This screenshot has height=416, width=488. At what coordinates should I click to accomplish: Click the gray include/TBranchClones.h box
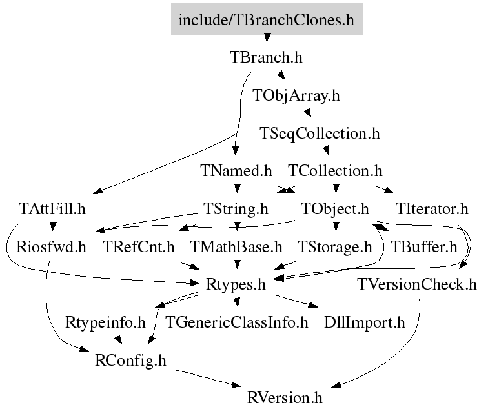(267, 19)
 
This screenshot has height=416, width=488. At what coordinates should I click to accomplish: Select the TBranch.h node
(266, 57)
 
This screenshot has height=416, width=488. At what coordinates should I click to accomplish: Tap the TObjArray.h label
(296, 95)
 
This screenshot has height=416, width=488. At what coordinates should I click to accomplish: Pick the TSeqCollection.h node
(320, 134)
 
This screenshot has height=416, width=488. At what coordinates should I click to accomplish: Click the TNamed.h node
(236, 171)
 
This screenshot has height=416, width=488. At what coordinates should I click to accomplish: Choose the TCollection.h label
(336, 171)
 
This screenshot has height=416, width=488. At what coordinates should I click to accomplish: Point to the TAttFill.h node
(52, 209)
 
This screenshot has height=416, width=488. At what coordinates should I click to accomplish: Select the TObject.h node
(335, 209)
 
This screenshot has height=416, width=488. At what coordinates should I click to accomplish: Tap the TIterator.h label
(432, 209)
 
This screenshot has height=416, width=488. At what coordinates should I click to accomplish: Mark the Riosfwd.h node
(52, 246)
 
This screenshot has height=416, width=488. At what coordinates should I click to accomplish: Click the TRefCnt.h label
(139, 246)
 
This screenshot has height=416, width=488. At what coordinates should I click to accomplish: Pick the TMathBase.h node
(236, 246)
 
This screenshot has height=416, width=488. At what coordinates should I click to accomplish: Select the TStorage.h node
(334, 246)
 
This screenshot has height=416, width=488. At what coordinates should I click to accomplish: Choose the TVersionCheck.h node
(416, 284)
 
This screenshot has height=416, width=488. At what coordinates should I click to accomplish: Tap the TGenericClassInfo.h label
(237, 322)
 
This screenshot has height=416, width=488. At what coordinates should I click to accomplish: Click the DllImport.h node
(365, 322)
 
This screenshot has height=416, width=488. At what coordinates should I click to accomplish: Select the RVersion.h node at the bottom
(285, 397)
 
